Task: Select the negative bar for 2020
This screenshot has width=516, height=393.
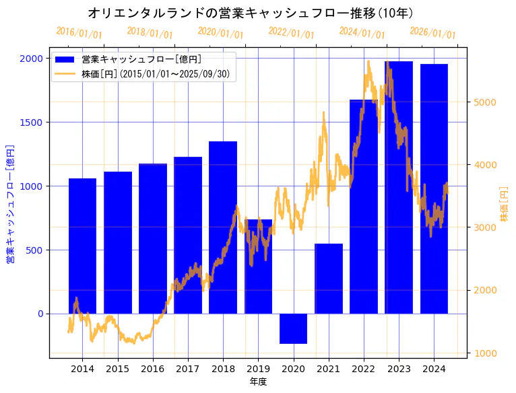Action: pyautogui.click(x=293, y=328)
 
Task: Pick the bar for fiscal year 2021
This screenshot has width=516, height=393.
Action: pyautogui.click(x=329, y=279)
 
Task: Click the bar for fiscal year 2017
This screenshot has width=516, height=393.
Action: pyautogui.click(x=188, y=235)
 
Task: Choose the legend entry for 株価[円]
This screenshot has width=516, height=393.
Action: pyautogui.click(x=158, y=73)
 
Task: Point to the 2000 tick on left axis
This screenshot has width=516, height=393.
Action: pyautogui.click(x=31, y=59)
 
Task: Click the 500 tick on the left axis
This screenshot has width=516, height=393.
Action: pyautogui.click(x=34, y=250)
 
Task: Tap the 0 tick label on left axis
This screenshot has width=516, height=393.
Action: pyautogui.click(x=40, y=314)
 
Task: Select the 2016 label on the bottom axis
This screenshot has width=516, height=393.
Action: pyautogui.click(x=153, y=369)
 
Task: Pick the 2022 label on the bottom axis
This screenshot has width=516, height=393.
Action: pyautogui.click(x=364, y=369)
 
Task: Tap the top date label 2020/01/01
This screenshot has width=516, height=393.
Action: pyautogui.click(x=220, y=33)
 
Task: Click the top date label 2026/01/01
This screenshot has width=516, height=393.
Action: pyautogui.click(x=432, y=33)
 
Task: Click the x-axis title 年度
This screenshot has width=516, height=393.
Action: pyautogui.click(x=258, y=382)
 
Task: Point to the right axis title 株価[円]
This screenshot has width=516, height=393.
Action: pyautogui.click(x=505, y=204)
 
